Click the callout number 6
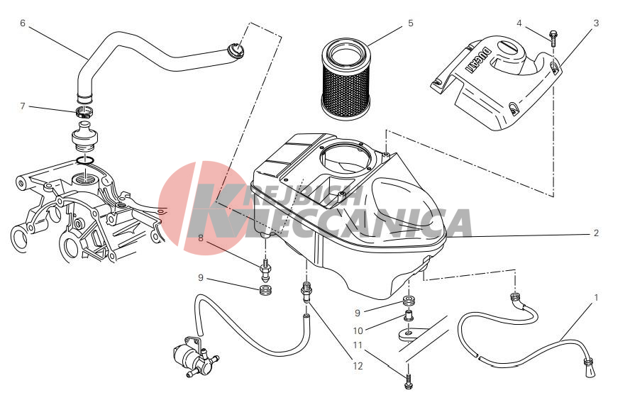23,23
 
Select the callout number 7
23,106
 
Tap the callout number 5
410,23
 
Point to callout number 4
519,23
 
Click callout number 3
596,23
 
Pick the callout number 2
596,233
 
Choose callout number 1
596,297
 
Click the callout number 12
358,366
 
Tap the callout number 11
358,345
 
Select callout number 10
358,330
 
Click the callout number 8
201,238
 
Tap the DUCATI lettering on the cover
478,60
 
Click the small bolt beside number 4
553,38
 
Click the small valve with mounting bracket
193,356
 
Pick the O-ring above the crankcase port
84,160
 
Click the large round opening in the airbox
344,158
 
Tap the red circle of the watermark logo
201,208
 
